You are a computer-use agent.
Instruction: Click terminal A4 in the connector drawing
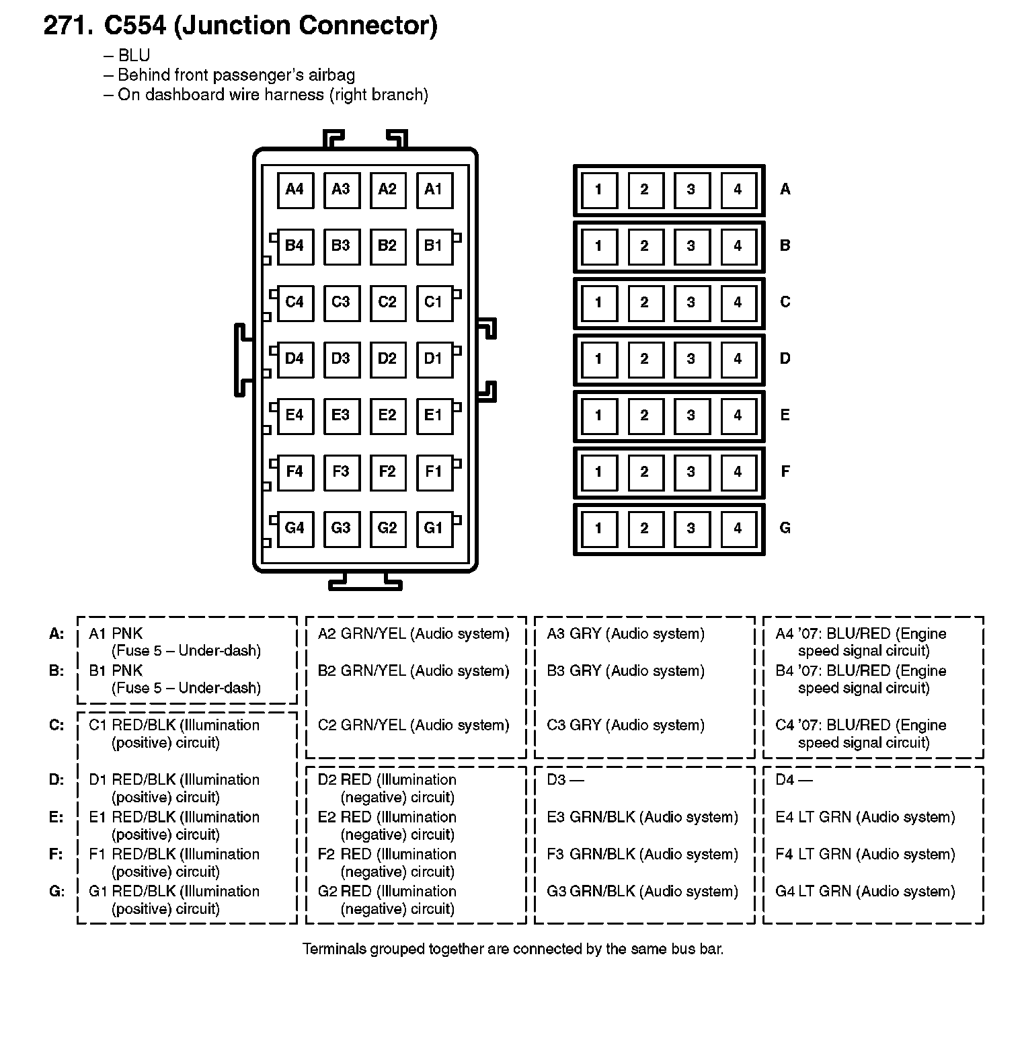294,190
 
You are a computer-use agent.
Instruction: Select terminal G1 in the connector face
434,529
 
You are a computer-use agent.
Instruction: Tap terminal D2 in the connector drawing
387,359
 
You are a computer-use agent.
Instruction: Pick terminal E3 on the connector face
341,416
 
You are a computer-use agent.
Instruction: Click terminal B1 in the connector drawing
434,246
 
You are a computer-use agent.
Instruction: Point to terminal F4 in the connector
294,472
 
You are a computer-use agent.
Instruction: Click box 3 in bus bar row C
691,303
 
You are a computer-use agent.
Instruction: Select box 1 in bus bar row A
598,190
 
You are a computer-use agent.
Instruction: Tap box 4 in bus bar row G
738,529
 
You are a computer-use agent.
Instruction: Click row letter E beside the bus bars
785,416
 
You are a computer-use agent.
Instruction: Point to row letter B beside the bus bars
785,246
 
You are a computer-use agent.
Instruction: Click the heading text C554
134,26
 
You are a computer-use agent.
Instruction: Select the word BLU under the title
134,56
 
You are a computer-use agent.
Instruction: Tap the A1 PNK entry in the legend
116,634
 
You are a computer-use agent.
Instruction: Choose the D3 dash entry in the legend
565,780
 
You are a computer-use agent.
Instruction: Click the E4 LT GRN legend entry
865,818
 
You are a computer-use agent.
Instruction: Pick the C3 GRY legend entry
625,726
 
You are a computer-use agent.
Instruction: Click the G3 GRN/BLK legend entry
642,892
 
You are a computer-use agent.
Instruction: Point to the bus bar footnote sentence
512,949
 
